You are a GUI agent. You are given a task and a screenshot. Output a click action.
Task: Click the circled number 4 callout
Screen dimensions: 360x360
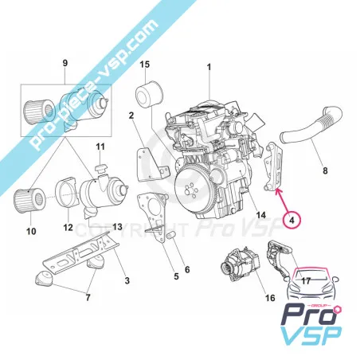[x=292, y=220]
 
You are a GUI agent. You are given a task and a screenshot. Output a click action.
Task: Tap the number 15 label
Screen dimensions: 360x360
[x=145, y=65]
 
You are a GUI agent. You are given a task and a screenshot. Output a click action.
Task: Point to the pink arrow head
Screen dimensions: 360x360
[x=277, y=190]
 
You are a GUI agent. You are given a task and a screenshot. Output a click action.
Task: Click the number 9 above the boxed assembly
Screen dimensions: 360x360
[x=65, y=63]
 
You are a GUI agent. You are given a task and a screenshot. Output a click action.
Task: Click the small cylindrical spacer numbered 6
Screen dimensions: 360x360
[x=172, y=236]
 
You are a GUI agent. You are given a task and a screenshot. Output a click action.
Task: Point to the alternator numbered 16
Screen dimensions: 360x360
[x=240, y=263]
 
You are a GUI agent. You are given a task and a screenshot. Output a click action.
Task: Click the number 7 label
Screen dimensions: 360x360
[x=88, y=297]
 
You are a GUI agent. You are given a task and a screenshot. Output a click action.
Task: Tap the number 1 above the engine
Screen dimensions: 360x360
[x=209, y=67]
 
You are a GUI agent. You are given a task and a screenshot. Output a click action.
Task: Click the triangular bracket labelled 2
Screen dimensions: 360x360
[x=152, y=166]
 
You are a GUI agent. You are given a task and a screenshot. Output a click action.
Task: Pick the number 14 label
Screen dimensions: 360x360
[x=261, y=215]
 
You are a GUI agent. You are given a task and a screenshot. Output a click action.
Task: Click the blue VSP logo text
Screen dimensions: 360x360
[x=311, y=337]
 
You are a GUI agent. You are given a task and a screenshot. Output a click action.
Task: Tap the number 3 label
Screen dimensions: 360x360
[x=127, y=280]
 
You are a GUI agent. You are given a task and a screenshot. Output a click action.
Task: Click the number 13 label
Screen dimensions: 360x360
[x=117, y=226]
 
